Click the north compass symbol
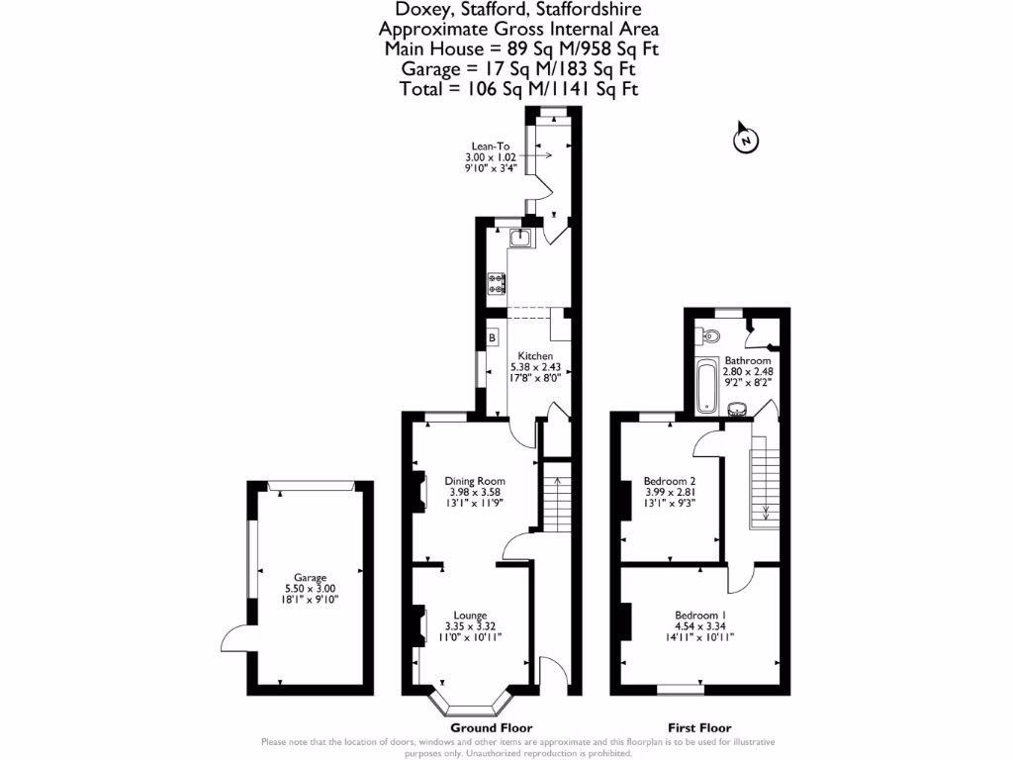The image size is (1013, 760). tap(744, 141)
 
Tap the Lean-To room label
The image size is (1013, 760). tap(491, 145)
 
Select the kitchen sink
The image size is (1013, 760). tap(520, 237)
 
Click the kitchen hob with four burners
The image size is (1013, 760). tap(497, 284)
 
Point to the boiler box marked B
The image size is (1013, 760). tap(491, 338)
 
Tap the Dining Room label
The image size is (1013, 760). tap(477, 481)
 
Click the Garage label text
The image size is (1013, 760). tap(309, 578)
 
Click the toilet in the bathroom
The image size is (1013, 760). tap(706, 334)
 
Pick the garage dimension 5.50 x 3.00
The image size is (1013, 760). tap(309, 589)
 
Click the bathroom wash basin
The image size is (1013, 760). tap(737, 407)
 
